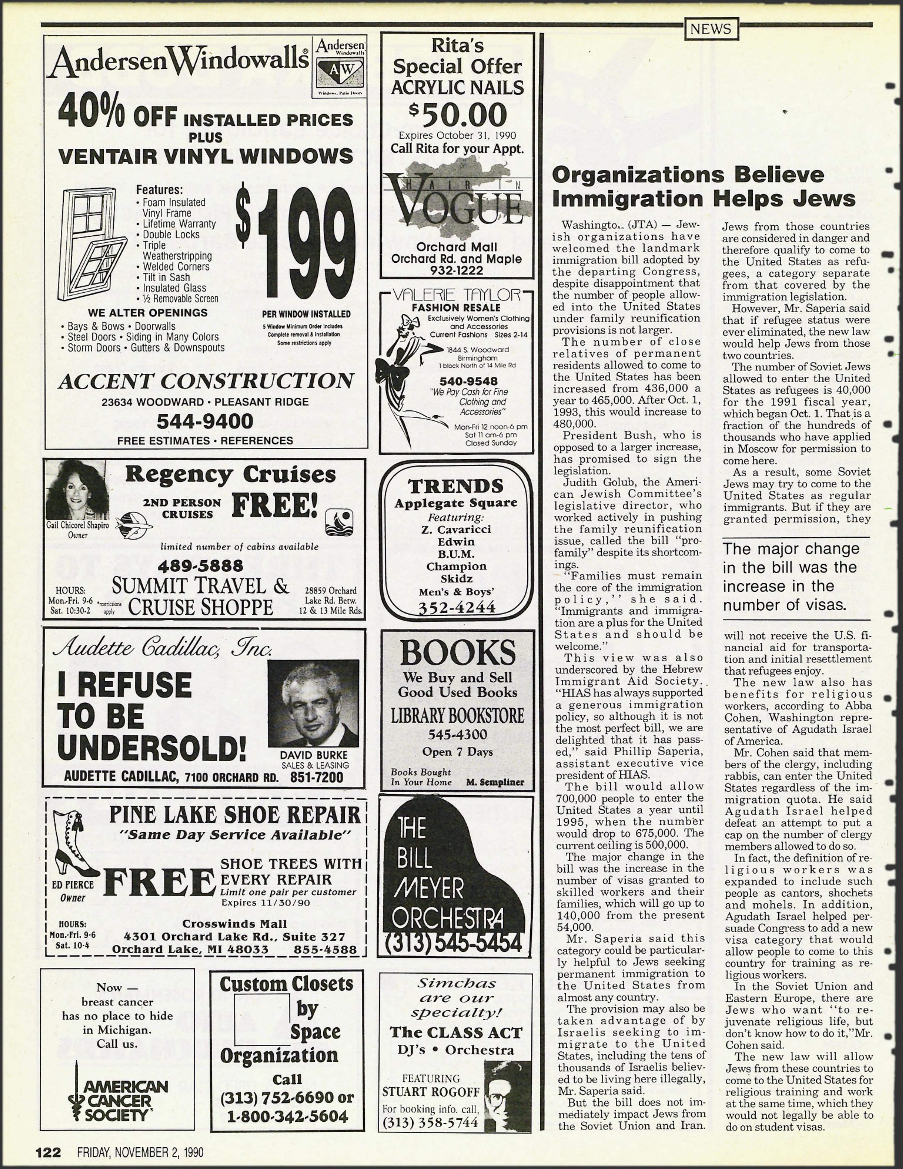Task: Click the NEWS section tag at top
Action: (711, 29)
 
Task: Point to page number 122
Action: (48, 1152)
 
